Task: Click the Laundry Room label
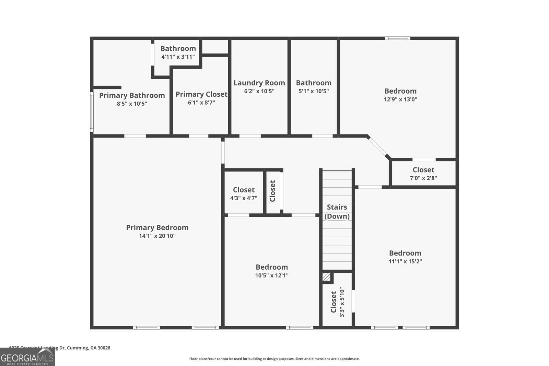[x=259, y=83]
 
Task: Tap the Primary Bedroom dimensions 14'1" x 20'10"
[x=157, y=236]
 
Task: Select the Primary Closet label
[x=201, y=94]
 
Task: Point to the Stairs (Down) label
[x=337, y=212]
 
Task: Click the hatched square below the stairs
[x=326, y=277]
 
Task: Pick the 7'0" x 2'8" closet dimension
[x=423, y=178]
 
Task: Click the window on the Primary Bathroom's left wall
[x=92, y=111]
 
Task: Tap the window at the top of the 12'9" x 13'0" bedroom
[x=397, y=38]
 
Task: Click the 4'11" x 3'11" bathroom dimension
[x=178, y=57]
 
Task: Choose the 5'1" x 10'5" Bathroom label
[x=314, y=83]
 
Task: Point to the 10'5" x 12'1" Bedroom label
[x=272, y=267]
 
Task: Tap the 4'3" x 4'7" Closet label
[x=244, y=190]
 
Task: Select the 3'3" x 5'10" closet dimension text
[x=342, y=302]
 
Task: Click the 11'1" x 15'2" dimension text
[x=405, y=261]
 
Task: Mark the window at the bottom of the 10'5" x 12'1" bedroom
[x=300, y=328]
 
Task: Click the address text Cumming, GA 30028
[x=89, y=348]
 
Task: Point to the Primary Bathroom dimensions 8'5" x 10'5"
[x=132, y=104]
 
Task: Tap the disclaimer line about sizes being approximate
[x=274, y=359]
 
